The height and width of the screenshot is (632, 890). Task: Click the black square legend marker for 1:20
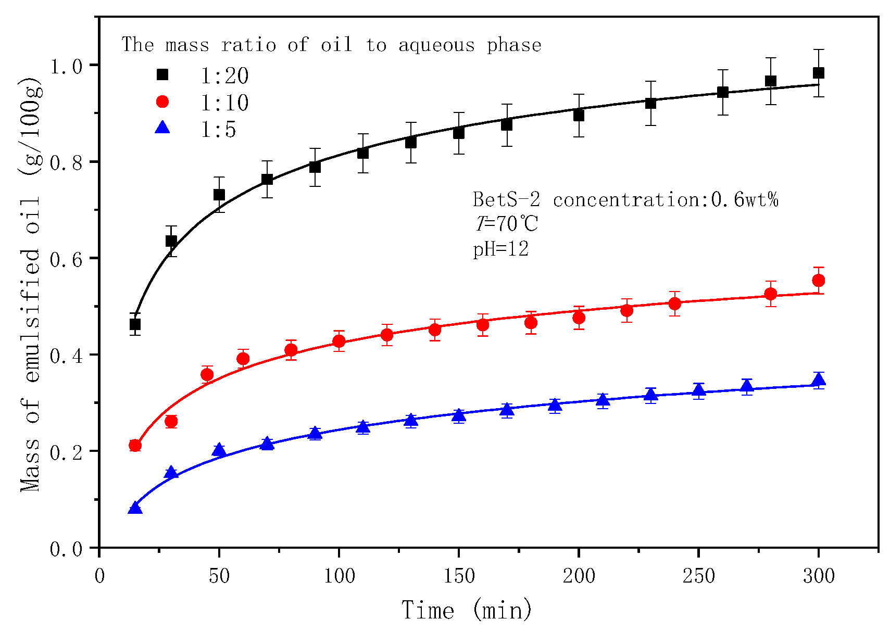162,74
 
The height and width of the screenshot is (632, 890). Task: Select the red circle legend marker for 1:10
162,102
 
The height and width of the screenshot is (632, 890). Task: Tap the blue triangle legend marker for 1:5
162,127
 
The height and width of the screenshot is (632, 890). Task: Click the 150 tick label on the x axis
458,576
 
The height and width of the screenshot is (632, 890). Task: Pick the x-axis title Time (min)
467,610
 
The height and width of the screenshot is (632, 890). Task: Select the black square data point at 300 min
818,73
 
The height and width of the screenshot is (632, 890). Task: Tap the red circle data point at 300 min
818,281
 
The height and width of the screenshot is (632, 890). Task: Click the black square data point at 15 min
135,324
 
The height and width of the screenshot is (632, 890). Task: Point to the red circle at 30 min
171,422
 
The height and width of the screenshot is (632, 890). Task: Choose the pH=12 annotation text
500,249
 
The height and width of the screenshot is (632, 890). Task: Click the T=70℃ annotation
506,224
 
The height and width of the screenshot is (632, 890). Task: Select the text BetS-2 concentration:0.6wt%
625,199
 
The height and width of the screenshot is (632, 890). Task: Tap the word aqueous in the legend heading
436,45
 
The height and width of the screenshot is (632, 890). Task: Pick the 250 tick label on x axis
698,576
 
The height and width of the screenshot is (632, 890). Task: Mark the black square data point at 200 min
579,115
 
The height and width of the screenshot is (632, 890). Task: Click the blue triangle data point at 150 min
458,415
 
